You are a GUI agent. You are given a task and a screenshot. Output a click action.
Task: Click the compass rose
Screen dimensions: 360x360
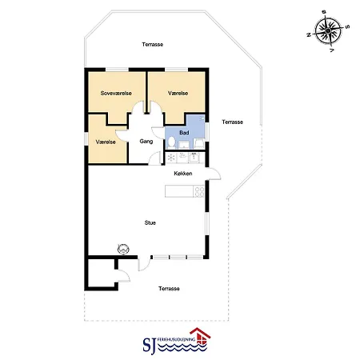point(328,30)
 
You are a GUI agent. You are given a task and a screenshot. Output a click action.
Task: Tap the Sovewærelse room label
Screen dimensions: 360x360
point(116,93)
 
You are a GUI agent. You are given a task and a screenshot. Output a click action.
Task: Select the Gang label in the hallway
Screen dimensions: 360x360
point(146,142)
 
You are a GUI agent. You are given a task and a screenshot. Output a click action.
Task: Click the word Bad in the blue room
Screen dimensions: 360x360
point(184,133)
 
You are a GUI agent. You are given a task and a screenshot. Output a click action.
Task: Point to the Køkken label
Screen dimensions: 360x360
point(183,174)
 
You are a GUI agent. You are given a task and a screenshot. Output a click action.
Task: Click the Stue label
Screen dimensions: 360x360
point(150,222)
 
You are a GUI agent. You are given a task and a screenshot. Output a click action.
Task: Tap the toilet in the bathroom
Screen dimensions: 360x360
point(171,142)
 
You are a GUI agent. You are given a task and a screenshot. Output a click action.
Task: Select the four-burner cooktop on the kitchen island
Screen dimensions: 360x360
point(199,191)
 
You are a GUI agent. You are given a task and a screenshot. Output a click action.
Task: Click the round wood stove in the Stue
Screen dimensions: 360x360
point(123,249)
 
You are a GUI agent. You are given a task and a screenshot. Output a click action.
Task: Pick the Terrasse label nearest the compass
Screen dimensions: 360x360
point(153,44)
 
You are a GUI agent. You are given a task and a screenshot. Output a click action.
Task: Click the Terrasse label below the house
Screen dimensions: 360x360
point(169,289)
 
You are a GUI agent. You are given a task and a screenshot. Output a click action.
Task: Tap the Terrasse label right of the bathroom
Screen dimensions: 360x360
point(232,122)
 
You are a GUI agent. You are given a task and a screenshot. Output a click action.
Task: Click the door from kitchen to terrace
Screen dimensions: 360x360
point(214,174)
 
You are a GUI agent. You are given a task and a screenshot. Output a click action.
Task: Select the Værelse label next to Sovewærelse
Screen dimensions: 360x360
point(178,93)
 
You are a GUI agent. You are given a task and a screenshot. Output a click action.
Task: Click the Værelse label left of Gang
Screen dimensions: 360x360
point(106,142)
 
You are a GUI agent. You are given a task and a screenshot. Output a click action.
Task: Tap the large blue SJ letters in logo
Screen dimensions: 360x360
point(150,346)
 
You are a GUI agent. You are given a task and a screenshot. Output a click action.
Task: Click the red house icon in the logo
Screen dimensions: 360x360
point(200,337)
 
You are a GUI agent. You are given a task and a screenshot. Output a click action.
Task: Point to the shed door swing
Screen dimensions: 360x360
point(123,275)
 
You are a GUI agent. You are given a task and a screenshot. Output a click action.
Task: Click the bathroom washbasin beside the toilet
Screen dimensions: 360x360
point(184,145)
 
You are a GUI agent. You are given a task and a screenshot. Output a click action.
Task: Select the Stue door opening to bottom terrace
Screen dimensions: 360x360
point(144,264)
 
